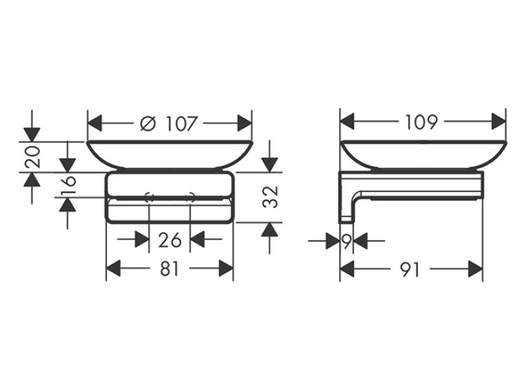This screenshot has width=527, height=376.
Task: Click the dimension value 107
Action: [180, 123]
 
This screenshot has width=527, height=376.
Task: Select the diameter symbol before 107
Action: [148, 123]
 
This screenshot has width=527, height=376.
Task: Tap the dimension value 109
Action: [422, 122]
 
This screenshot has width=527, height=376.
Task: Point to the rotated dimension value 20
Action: [33, 157]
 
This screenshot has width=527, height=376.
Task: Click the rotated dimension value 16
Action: [69, 186]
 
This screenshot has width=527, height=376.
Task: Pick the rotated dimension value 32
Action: [271, 197]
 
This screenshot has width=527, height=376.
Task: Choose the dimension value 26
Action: [169, 240]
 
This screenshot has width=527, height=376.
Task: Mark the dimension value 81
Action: [169, 269]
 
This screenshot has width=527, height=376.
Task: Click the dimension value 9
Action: [347, 241]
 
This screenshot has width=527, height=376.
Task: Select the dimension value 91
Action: [411, 270]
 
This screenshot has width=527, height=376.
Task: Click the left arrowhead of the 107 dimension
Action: [94, 123]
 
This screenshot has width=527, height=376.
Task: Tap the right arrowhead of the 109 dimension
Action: [499, 121]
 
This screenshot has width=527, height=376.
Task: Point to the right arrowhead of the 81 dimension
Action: [226, 268]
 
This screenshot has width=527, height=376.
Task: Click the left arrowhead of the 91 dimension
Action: [347, 269]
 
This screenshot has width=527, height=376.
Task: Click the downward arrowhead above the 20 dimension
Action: [32, 135]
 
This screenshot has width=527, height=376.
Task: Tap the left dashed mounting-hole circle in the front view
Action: [149, 197]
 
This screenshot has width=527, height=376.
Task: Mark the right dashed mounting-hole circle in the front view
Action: [190, 197]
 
